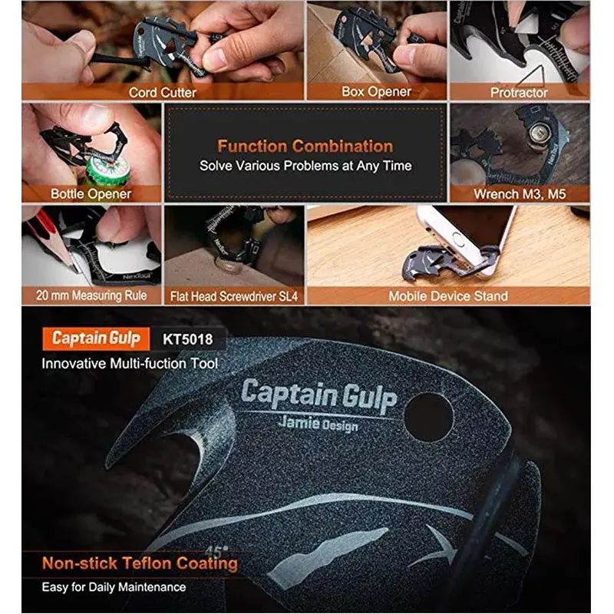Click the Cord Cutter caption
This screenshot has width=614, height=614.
point(163,92)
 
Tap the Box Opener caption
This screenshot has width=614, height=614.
point(376,91)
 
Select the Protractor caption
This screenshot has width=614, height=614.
point(519,92)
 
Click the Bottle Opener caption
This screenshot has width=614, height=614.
point(91,194)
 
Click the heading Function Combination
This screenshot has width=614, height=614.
point(305,147)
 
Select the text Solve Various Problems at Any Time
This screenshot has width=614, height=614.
point(305,166)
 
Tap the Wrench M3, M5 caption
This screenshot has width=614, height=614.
point(520,194)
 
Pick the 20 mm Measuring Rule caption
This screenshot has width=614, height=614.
point(91,295)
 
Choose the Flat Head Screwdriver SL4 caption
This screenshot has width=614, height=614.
point(234,296)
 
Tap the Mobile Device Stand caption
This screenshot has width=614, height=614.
point(448,296)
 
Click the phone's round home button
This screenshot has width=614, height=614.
point(458,239)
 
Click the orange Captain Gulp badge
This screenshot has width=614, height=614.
point(96,338)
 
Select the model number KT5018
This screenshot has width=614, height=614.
point(187,339)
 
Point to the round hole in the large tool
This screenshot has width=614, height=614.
point(429,418)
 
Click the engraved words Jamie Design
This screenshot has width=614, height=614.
point(318,424)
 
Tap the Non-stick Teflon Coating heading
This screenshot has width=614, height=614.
point(140,563)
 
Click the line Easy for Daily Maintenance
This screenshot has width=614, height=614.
point(114,587)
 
